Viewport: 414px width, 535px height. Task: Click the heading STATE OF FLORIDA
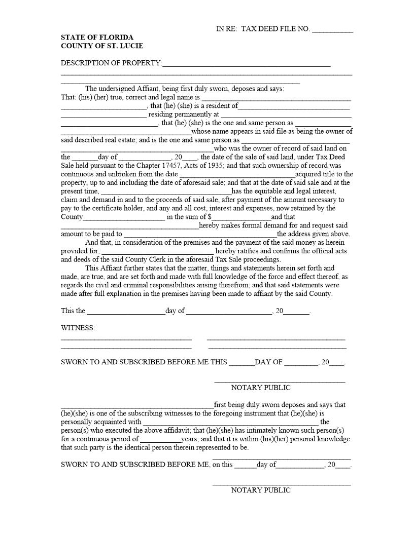97,37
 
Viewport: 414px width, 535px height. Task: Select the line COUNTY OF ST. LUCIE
102,46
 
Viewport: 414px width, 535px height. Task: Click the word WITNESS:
78,328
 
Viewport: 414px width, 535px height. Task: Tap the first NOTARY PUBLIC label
261,388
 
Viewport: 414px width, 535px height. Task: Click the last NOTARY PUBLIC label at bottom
261,490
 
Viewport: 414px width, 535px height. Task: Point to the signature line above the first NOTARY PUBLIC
280,381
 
